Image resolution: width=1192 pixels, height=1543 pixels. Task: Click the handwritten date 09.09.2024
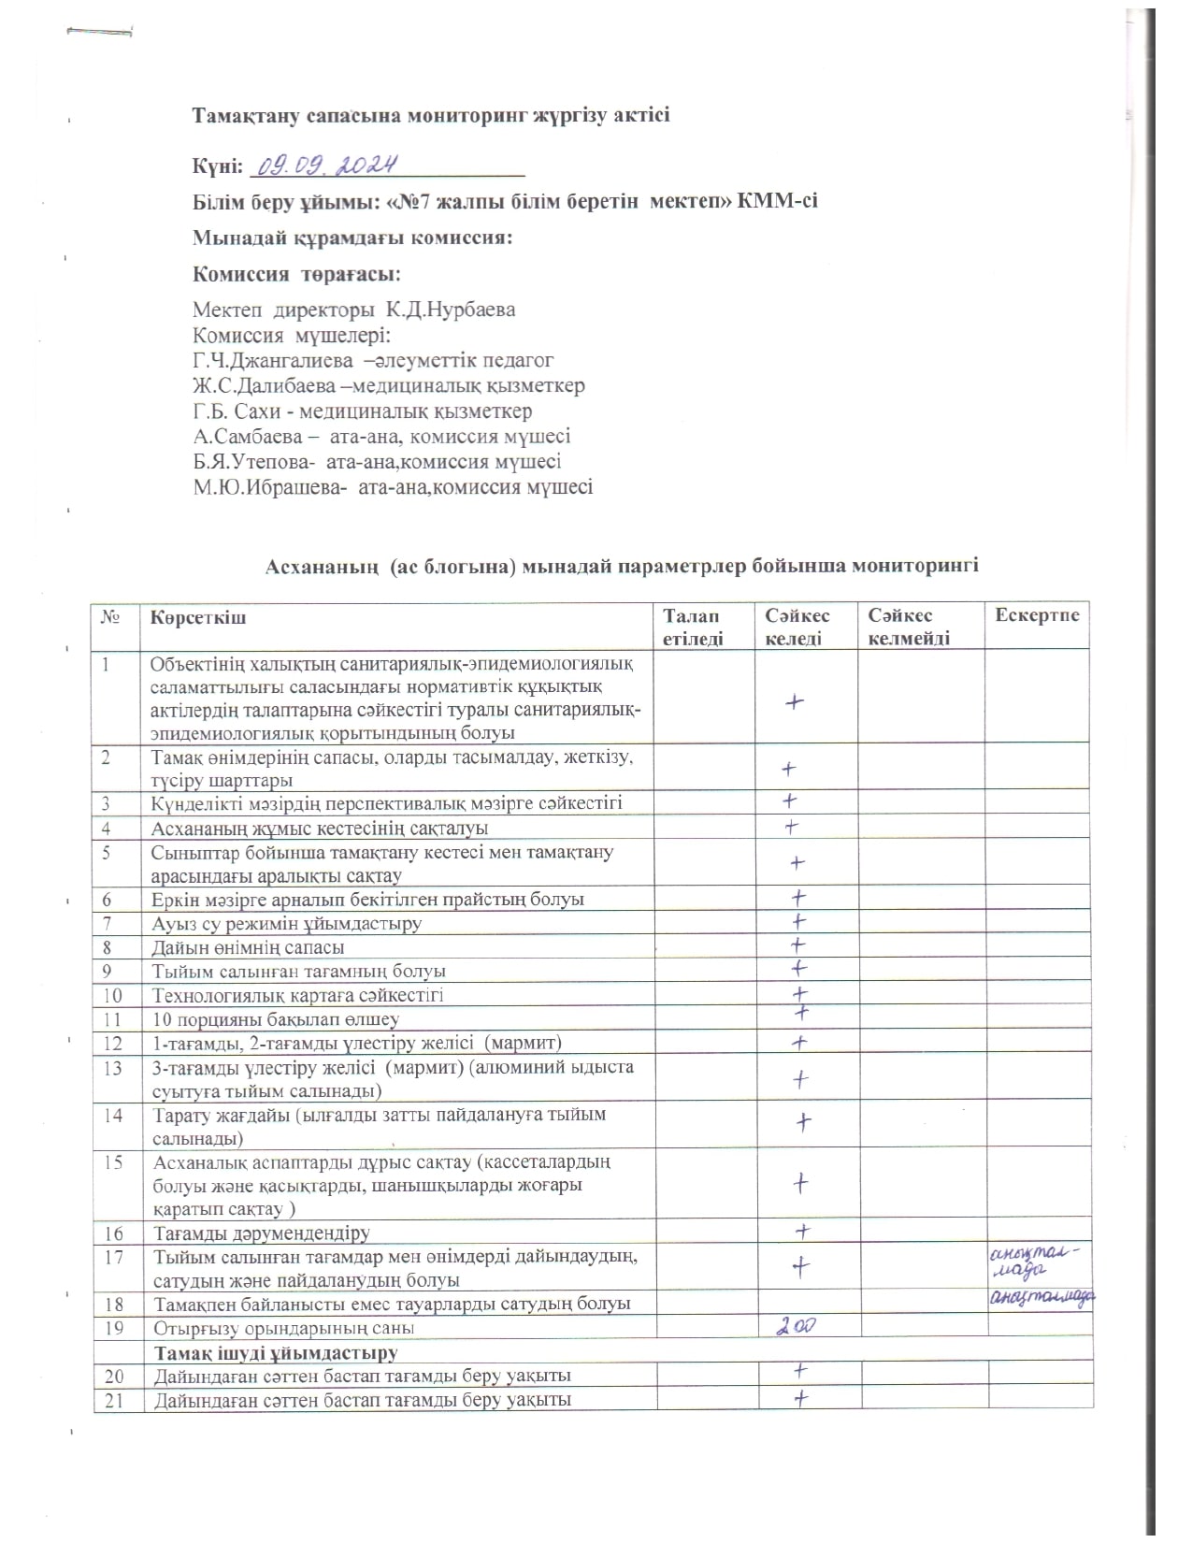(328, 165)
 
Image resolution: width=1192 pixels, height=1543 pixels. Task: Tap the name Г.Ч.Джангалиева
(273, 360)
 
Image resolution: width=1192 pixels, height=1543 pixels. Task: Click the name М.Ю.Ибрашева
(271, 486)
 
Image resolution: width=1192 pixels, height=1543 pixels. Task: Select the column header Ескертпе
(1037, 615)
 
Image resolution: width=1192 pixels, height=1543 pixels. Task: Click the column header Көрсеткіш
(198, 617)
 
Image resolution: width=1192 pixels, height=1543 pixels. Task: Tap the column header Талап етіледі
(693, 627)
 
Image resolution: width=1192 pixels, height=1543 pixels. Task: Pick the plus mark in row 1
(795, 701)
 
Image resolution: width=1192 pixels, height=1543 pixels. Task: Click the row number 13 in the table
(113, 1067)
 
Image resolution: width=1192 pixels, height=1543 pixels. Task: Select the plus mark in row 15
(800, 1183)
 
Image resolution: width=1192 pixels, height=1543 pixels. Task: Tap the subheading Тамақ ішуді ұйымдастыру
(276, 1352)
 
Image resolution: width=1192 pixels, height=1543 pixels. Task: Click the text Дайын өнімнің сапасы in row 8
(248, 946)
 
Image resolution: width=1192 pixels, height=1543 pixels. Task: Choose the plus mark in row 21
(800, 1398)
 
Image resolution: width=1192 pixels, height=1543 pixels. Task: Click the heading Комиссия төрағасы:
(296, 274)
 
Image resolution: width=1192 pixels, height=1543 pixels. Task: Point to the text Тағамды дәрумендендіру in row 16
(262, 1233)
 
